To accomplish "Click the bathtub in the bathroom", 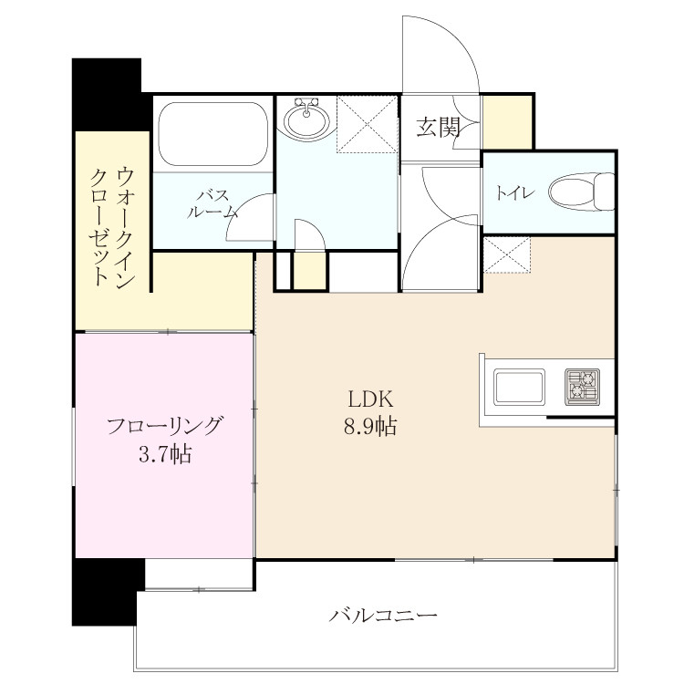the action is [x=213, y=134].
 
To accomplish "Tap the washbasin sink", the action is [x=306, y=119].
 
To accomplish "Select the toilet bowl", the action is [x=582, y=192].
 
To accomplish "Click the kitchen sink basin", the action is [x=519, y=387].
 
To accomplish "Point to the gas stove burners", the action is [x=582, y=387].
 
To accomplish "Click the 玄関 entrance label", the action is [x=439, y=127].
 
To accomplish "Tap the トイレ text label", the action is [x=515, y=192].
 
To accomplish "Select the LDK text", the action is [x=371, y=399].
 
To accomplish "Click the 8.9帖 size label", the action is [x=371, y=426].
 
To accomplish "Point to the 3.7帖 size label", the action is [x=165, y=454].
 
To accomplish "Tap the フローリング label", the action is [x=165, y=426].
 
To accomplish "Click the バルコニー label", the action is [x=382, y=616].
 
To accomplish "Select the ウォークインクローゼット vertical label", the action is [x=111, y=226].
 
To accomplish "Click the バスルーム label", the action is [x=212, y=203].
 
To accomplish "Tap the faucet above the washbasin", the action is [x=306, y=105].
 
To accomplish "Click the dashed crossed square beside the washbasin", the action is [x=367, y=124].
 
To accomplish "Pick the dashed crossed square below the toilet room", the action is [x=507, y=255].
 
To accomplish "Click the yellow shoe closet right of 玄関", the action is [x=506, y=122].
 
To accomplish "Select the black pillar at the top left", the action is [x=107, y=95].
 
